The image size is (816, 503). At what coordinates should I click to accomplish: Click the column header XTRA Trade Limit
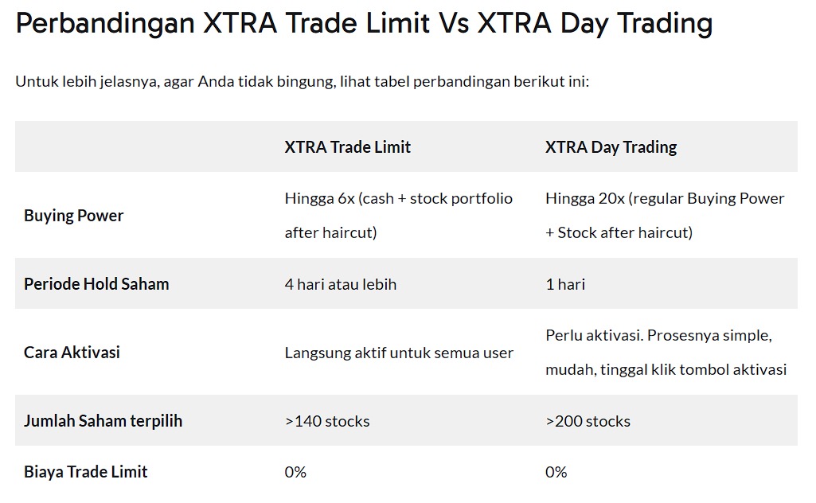[347, 147]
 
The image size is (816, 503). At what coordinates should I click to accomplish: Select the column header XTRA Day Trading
[611, 148]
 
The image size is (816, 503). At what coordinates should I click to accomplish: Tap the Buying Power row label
[73, 216]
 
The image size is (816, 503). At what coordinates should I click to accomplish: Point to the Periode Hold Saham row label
[96, 284]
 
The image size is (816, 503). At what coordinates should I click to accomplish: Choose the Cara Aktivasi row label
[72, 353]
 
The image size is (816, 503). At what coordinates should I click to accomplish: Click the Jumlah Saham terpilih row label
[103, 421]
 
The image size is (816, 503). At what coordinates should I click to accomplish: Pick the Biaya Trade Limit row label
[86, 472]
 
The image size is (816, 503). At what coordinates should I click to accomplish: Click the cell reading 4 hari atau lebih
[341, 285]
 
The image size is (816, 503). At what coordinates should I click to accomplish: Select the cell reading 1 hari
[565, 285]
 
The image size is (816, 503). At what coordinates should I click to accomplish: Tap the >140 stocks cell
[327, 421]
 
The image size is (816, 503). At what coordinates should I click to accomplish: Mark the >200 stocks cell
[588, 421]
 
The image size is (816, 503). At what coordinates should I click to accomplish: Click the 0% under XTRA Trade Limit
[295, 472]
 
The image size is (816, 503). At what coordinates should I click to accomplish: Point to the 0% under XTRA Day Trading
[556, 472]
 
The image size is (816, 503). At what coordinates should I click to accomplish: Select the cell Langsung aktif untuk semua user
[399, 353]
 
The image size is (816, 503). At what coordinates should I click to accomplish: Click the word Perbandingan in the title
[105, 24]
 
